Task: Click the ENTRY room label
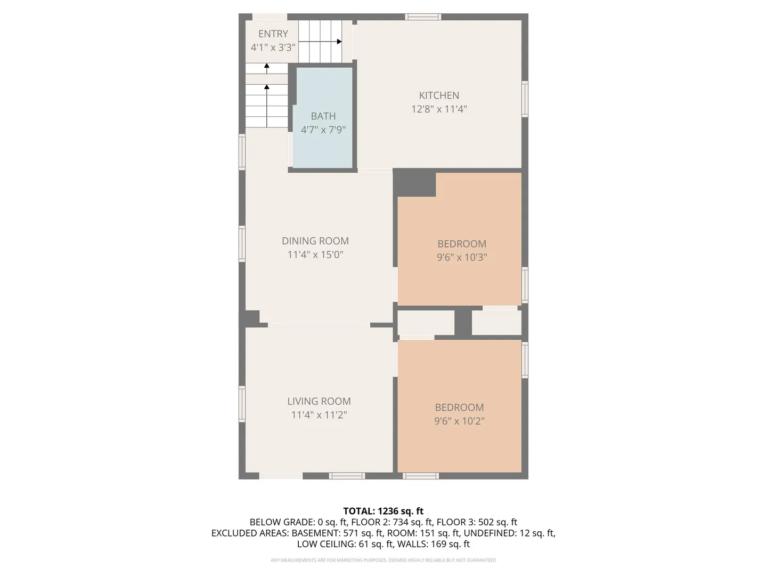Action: point(273,34)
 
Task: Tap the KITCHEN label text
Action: point(439,95)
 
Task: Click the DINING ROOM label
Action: point(315,241)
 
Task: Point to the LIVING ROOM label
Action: point(319,401)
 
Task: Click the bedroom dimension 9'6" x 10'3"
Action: point(462,257)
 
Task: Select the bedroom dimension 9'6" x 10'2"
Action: point(459,421)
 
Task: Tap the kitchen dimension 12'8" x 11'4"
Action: point(439,109)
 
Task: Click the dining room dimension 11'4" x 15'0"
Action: point(315,254)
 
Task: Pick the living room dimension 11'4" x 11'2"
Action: point(319,415)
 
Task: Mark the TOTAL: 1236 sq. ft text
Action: point(383,511)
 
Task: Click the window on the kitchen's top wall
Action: point(423,17)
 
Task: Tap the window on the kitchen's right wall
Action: point(525,99)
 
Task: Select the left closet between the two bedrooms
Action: point(426,323)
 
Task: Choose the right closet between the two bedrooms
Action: point(496,323)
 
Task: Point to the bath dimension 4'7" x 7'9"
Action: point(323,130)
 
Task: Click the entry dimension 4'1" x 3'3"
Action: point(273,47)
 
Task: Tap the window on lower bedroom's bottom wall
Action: point(421,476)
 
